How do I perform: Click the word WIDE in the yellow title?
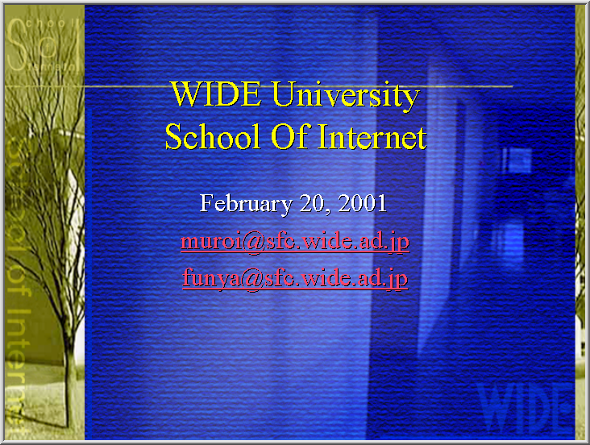coord(216,94)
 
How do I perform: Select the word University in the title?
coord(346,97)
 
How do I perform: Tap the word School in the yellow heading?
coord(213,136)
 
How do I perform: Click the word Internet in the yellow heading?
coord(372,137)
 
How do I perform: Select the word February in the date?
coord(246,204)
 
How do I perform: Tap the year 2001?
coord(363,203)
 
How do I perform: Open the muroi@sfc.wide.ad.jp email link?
coord(295,241)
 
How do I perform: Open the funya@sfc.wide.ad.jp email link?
coord(295,279)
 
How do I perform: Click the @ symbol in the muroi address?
coord(254,242)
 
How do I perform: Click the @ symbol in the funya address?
coord(252,279)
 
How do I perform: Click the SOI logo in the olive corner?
coord(44,45)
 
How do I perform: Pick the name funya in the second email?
coord(211,279)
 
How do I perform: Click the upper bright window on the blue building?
coord(517,160)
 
